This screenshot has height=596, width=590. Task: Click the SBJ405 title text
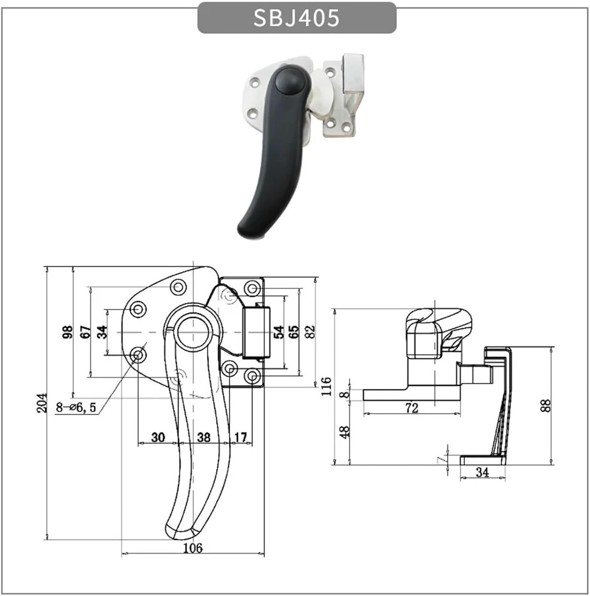coord(296,18)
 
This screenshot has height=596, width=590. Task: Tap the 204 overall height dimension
coord(42,402)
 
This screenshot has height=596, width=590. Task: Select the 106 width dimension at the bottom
coord(193,548)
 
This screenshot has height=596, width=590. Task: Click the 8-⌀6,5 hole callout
coord(76,407)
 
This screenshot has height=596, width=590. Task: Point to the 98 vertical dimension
coord(68,332)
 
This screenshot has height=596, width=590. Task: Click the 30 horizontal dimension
coord(158,437)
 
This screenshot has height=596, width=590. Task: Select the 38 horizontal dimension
coord(203,437)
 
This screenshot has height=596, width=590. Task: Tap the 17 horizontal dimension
coord(240,437)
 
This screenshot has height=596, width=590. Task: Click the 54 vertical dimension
coord(279,332)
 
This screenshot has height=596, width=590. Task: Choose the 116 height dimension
coord(326,386)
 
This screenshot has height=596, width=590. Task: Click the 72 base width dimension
coord(412,408)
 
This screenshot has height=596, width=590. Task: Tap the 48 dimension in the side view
coord(345,432)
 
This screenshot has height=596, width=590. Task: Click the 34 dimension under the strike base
coord(482,472)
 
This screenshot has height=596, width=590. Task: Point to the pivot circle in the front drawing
coord(192,332)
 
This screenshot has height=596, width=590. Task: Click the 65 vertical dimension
coord(294,332)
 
